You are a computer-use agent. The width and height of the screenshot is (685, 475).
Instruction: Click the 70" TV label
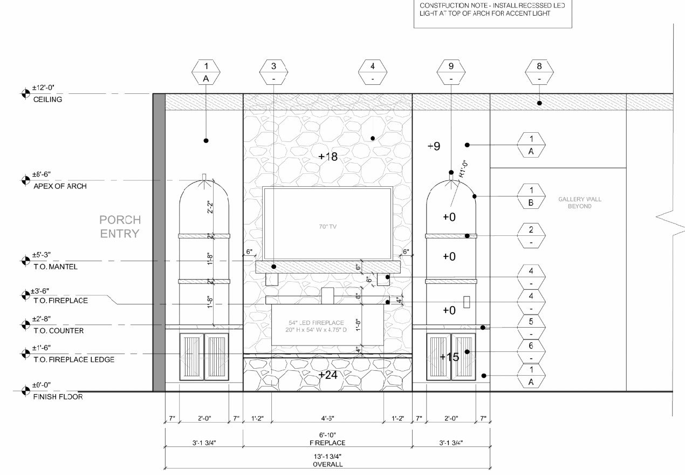[327, 226]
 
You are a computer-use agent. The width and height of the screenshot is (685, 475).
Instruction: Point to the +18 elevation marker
[327, 157]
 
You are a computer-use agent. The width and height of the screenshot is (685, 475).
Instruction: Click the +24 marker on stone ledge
[328, 375]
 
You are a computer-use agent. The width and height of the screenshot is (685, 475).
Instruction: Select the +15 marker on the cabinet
[449, 357]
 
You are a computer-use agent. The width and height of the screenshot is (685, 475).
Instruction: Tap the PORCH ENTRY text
[120, 227]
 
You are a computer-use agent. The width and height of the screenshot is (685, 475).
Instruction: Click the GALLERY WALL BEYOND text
[579, 203]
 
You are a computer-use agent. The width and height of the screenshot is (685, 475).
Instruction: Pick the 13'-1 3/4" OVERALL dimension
[327, 459]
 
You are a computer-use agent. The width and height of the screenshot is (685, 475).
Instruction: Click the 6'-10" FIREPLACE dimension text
[327, 438]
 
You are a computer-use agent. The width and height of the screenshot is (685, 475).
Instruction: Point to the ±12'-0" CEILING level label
[47, 93]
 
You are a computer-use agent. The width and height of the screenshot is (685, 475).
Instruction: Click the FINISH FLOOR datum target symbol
[25, 390]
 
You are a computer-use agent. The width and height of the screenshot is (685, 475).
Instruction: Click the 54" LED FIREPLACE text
[316, 327]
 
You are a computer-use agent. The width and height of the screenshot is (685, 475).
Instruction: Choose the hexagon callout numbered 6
[531, 351]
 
